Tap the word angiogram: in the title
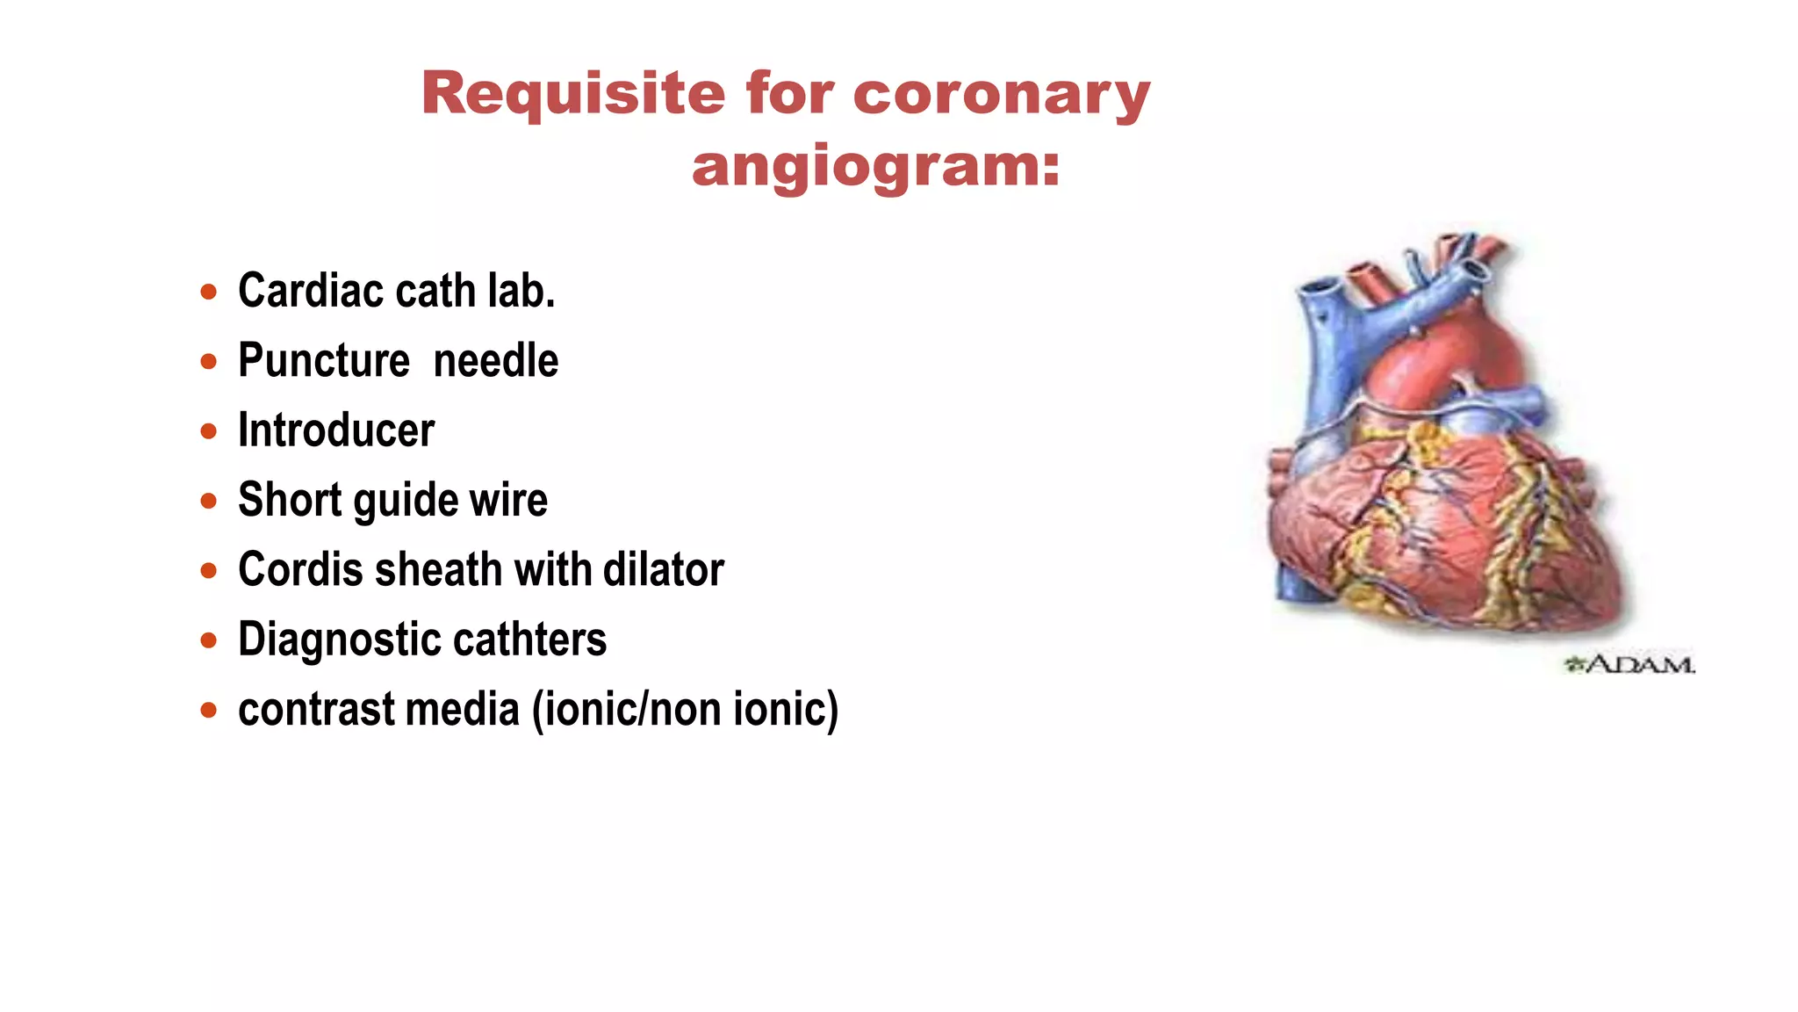coord(876,166)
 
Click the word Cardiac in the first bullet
coord(311,291)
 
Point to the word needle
coord(496,361)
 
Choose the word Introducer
coord(336,430)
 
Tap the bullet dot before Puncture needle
coord(208,361)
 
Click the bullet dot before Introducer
coord(208,430)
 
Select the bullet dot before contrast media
coord(208,710)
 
